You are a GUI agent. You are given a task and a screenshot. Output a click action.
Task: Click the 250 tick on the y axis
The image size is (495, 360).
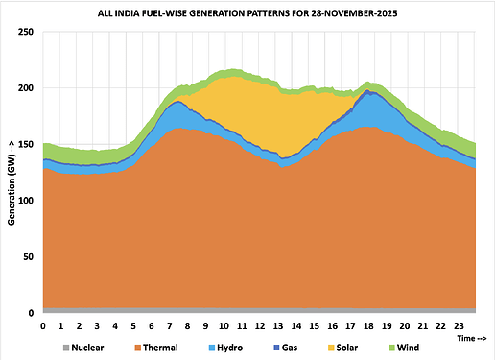coord(26,33)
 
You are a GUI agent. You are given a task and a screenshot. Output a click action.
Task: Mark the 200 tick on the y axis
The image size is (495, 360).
coord(26,88)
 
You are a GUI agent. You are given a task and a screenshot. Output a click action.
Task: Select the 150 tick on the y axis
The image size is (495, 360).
coord(26,145)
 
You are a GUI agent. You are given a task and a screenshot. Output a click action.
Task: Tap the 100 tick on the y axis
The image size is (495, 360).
coord(26,201)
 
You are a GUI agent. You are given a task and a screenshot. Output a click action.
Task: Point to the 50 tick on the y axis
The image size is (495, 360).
coord(29,256)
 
